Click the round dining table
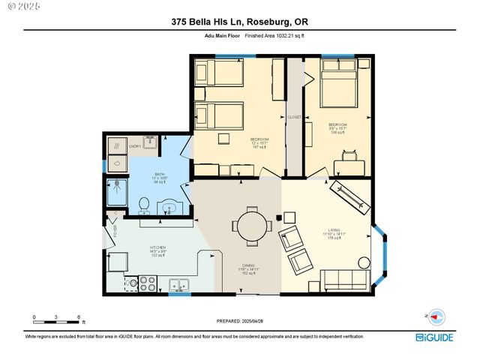[246, 224]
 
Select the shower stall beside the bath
[116, 190]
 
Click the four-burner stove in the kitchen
[146, 283]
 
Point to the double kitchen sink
[178, 284]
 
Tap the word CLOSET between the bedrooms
[294, 118]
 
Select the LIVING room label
[334, 231]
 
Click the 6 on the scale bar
[79, 316]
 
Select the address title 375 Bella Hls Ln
[240, 23]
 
